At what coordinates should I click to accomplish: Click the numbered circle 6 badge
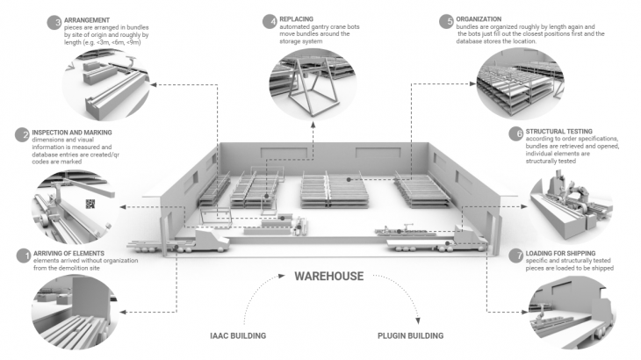click(516, 133)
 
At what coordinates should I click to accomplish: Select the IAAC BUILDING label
click(239, 336)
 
